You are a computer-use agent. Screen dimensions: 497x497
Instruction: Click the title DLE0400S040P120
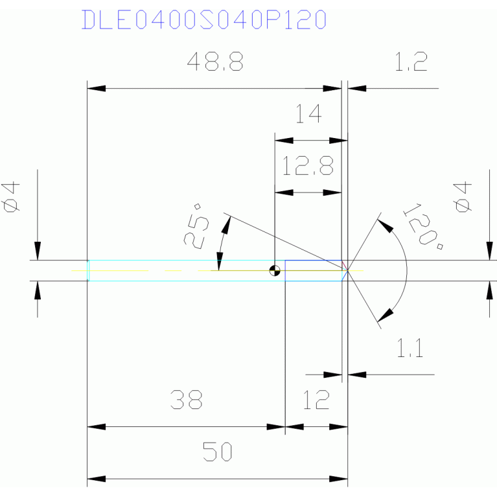pos(203,19)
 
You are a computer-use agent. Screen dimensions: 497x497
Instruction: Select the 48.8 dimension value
pos(214,63)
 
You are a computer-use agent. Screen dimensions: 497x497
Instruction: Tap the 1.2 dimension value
pos(411,63)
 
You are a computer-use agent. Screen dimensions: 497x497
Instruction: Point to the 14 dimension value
pos(308,115)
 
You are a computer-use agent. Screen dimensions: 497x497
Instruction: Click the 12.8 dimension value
pos(308,168)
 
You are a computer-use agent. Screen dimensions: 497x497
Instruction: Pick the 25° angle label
pos(197,225)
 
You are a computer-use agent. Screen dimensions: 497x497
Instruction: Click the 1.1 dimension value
pos(410,351)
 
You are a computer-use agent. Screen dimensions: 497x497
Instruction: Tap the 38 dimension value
pos(187,400)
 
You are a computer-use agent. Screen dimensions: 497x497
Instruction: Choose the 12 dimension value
pos(316,400)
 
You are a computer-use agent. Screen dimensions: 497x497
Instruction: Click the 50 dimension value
pos(218,452)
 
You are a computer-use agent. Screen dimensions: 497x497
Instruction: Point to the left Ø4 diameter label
pos(13,196)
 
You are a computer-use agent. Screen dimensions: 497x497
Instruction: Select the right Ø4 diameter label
pos(463,196)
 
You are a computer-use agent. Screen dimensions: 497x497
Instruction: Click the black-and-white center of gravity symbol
pos(275,270)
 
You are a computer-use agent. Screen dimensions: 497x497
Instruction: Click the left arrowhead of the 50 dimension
pos(96,479)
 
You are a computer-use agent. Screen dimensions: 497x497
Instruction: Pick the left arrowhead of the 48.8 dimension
pos(96,87)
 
